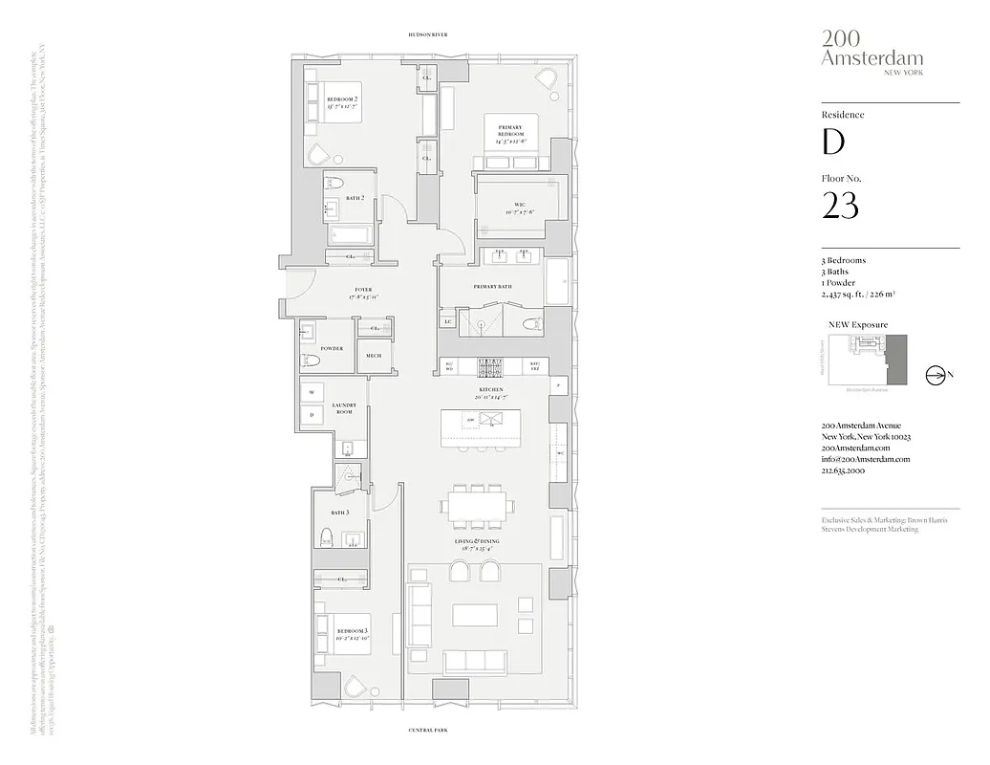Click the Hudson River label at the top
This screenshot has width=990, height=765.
point(427,34)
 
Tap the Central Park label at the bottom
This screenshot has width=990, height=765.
point(427,730)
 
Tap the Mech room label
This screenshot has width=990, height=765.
point(374,357)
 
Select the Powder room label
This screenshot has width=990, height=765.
point(332,349)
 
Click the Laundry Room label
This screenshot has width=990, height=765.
point(344,408)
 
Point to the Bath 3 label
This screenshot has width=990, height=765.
point(327,513)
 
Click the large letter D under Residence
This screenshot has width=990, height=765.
point(833,142)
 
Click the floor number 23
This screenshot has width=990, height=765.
point(840,206)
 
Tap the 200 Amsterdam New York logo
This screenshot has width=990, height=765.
point(859,50)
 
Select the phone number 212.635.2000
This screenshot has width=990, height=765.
point(844,471)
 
